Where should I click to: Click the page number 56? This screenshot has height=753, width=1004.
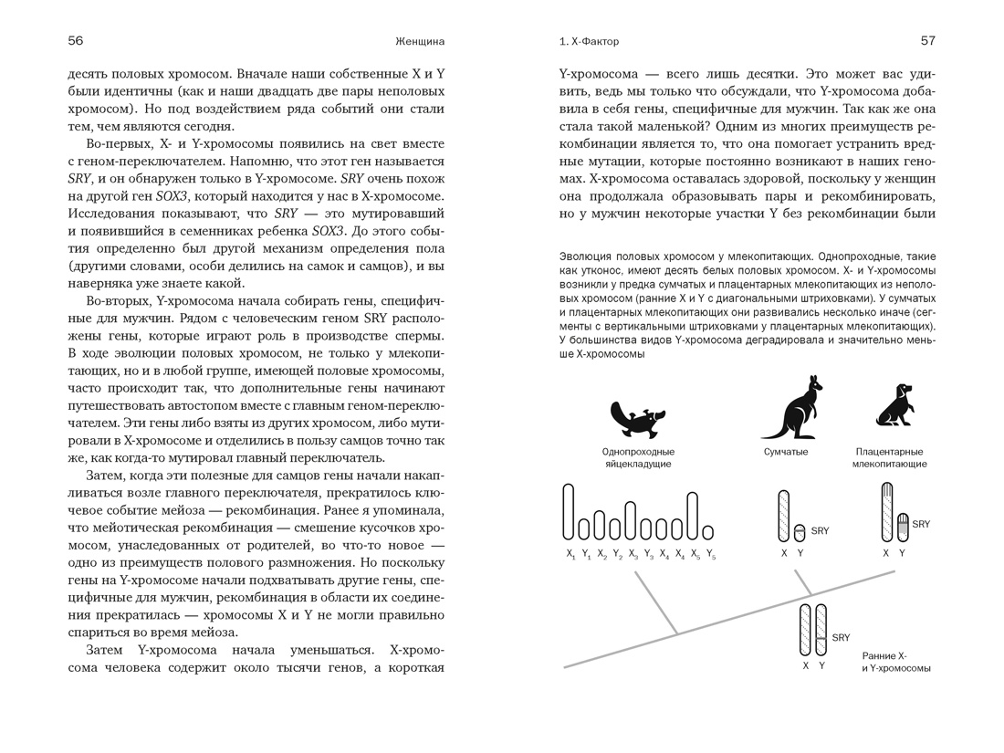pyautogui.click(x=76, y=41)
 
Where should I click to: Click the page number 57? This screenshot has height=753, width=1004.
pyautogui.click(x=927, y=41)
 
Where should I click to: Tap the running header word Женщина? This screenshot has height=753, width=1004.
pyautogui.click(x=420, y=41)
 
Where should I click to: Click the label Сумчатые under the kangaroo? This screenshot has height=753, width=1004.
pyautogui.click(x=786, y=452)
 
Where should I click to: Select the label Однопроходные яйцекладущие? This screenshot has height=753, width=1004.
pyautogui.click(x=638, y=458)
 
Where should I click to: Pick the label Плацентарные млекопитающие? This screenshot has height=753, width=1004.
pyautogui.click(x=889, y=458)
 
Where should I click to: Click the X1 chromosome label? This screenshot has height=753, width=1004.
pyautogui.click(x=570, y=553)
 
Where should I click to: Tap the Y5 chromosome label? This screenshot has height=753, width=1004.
pyautogui.click(x=710, y=553)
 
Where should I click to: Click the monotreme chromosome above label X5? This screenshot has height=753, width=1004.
pyautogui.click(x=693, y=516)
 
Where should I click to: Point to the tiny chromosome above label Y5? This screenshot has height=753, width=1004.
pyautogui.click(x=708, y=531)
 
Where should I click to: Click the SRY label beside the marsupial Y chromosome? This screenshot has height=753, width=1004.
pyautogui.click(x=820, y=530)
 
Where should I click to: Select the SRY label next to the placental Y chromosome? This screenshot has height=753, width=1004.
pyautogui.click(x=920, y=524)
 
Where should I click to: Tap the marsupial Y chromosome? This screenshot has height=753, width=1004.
pyautogui.click(x=800, y=532)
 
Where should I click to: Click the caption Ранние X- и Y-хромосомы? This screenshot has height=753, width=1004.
pyautogui.click(x=895, y=662)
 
